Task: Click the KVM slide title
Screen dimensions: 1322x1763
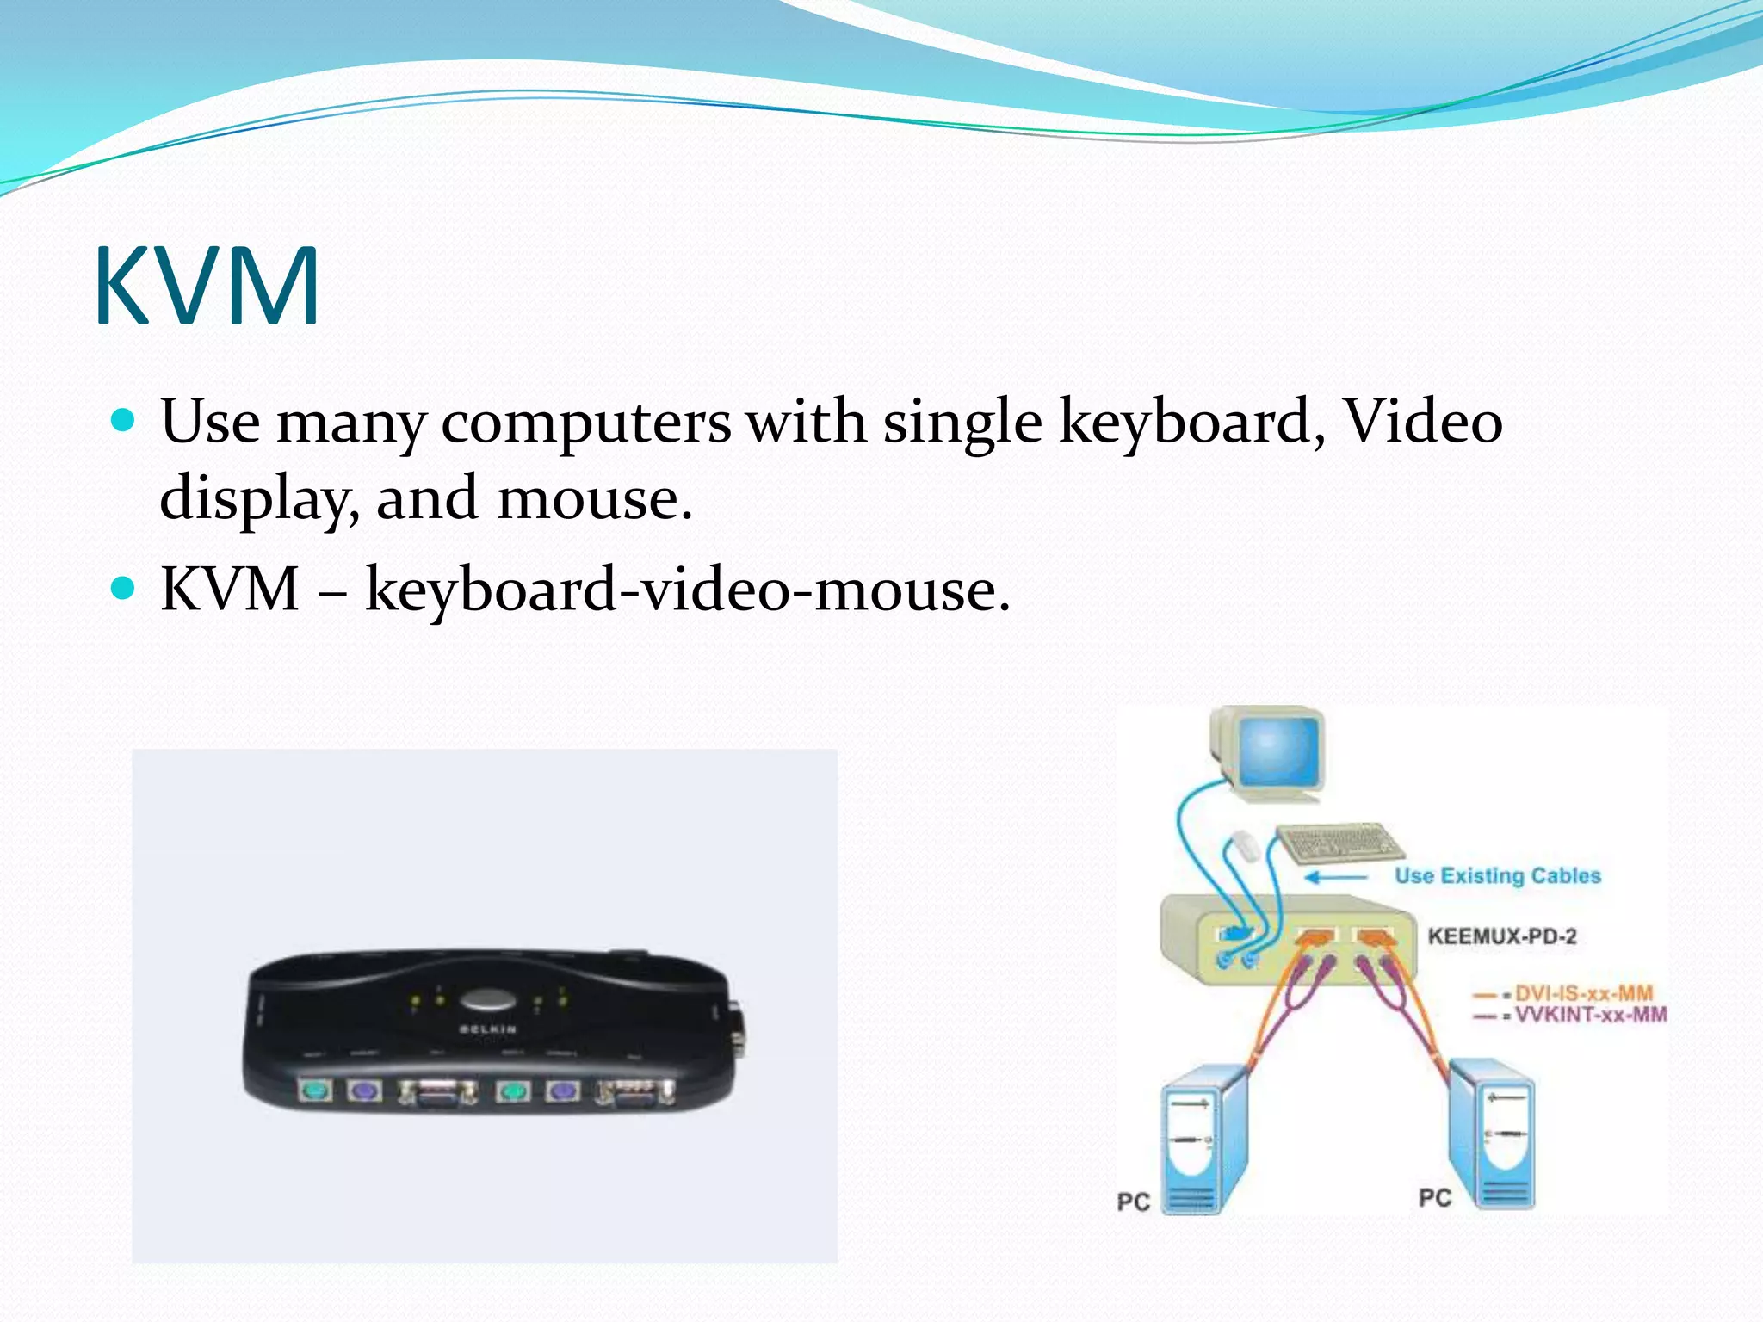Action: point(207,286)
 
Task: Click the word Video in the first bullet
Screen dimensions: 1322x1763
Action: point(1422,422)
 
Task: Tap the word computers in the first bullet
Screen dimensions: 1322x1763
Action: point(585,423)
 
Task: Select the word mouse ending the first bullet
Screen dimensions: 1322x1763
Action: point(593,499)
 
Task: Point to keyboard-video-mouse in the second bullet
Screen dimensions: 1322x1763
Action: point(687,590)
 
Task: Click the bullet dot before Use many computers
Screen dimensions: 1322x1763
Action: point(124,420)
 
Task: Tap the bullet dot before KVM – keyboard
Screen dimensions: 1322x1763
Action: point(124,588)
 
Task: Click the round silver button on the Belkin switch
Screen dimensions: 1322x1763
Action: point(488,1001)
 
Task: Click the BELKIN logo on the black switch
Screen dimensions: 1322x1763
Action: point(487,1029)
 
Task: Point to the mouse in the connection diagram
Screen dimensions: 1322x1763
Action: point(1244,845)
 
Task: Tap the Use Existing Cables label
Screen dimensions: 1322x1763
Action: point(1497,876)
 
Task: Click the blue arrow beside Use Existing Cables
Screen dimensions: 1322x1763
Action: point(1336,878)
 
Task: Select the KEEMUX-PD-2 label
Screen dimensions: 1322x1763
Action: point(1502,936)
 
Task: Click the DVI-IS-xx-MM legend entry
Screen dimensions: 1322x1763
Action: point(1582,993)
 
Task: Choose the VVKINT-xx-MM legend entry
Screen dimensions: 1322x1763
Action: point(1589,1015)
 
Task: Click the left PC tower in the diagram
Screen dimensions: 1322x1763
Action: point(1203,1140)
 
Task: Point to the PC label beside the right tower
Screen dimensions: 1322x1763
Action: point(1435,1198)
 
